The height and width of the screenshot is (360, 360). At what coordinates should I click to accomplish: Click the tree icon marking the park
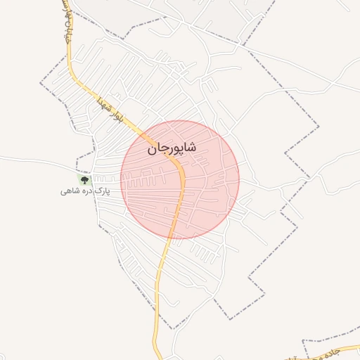pos(85,180)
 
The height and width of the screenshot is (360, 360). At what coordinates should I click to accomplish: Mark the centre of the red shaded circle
pos(180,179)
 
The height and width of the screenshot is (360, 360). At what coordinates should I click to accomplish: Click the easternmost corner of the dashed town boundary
pos(319,127)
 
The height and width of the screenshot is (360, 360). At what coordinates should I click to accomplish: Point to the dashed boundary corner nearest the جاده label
pos(303,342)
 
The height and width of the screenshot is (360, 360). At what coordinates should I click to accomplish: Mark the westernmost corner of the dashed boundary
pos(40,84)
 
